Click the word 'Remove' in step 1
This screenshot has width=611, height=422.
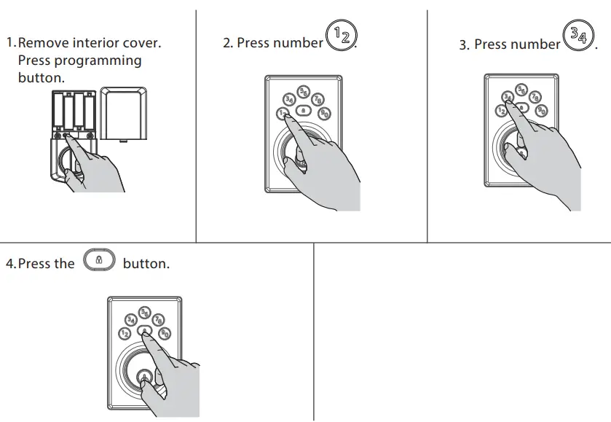click(43, 43)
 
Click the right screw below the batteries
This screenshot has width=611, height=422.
click(89, 136)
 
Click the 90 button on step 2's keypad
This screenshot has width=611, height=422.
click(325, 112)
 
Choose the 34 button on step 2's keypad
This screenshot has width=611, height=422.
click(289, 99)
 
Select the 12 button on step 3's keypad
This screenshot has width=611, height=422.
click(500, 111)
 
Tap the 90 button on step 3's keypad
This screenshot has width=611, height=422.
click(541, 110)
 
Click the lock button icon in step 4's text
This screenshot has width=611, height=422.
click(100, 260)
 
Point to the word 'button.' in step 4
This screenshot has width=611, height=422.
click(146, 264)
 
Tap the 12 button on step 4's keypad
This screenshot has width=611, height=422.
click(125, 334)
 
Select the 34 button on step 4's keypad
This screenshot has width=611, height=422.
click(131, 319)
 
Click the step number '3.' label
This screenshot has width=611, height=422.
click(465, 45)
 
